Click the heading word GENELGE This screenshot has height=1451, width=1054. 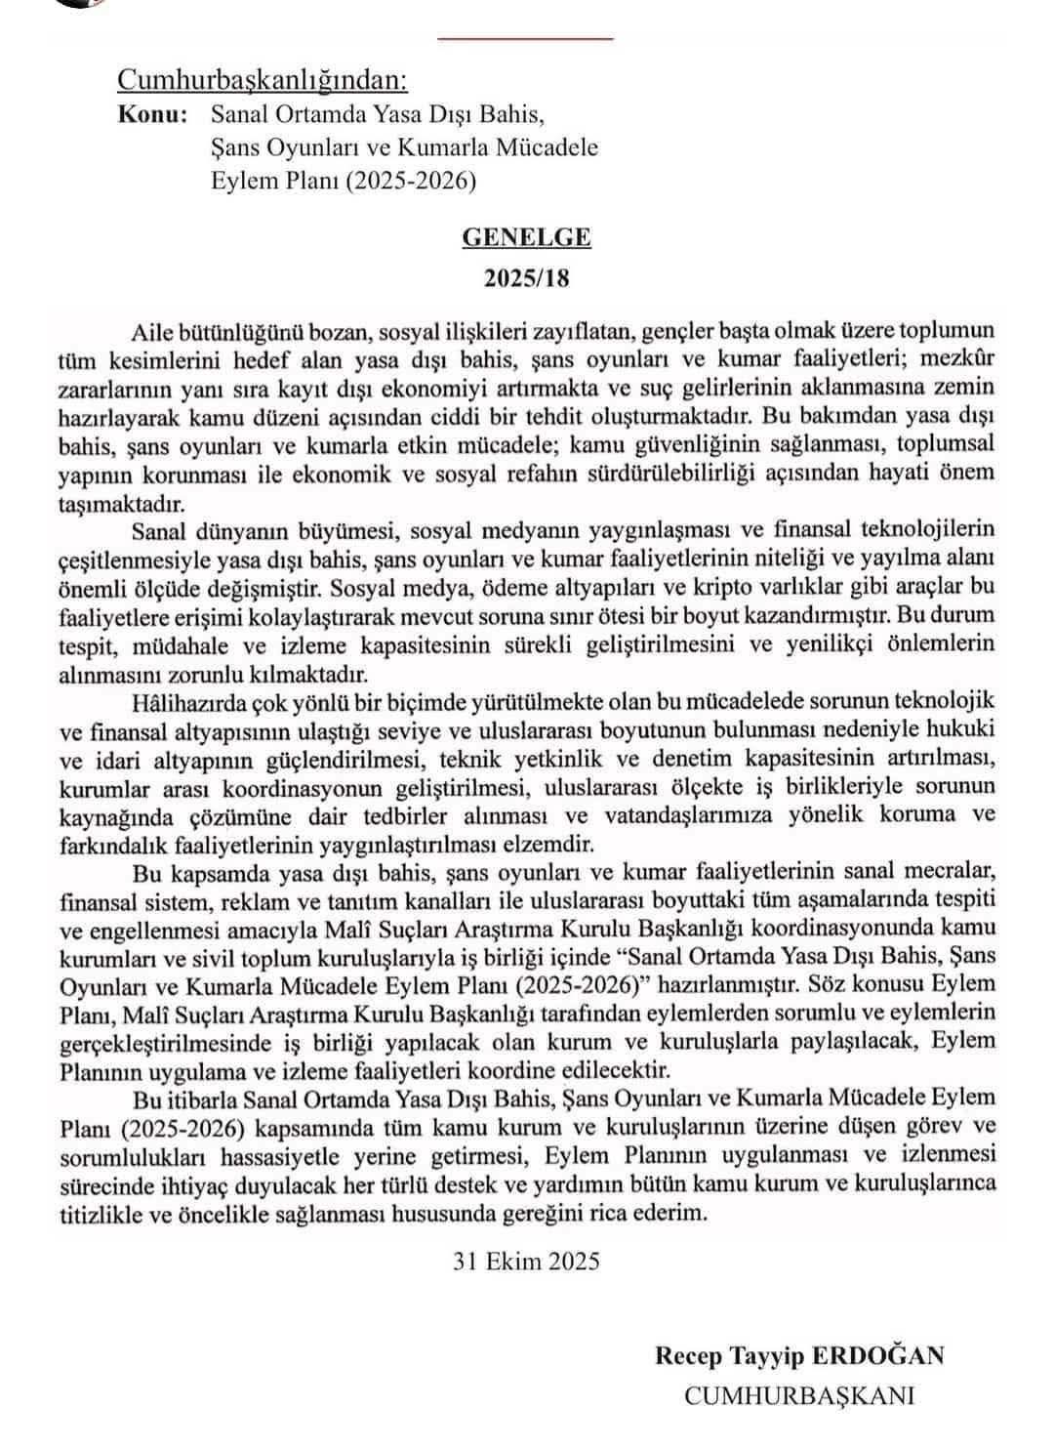click(526, 237)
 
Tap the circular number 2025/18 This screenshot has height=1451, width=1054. click(526, 278)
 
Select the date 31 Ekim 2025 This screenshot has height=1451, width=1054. click(526, 1261)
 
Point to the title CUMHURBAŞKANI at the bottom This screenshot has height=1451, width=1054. click(800, 1395)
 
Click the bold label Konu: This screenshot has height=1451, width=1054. click(152, 114)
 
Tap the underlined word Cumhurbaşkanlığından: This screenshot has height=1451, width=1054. click(262, 79)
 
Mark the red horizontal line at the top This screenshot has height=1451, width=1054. click(526, 38)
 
